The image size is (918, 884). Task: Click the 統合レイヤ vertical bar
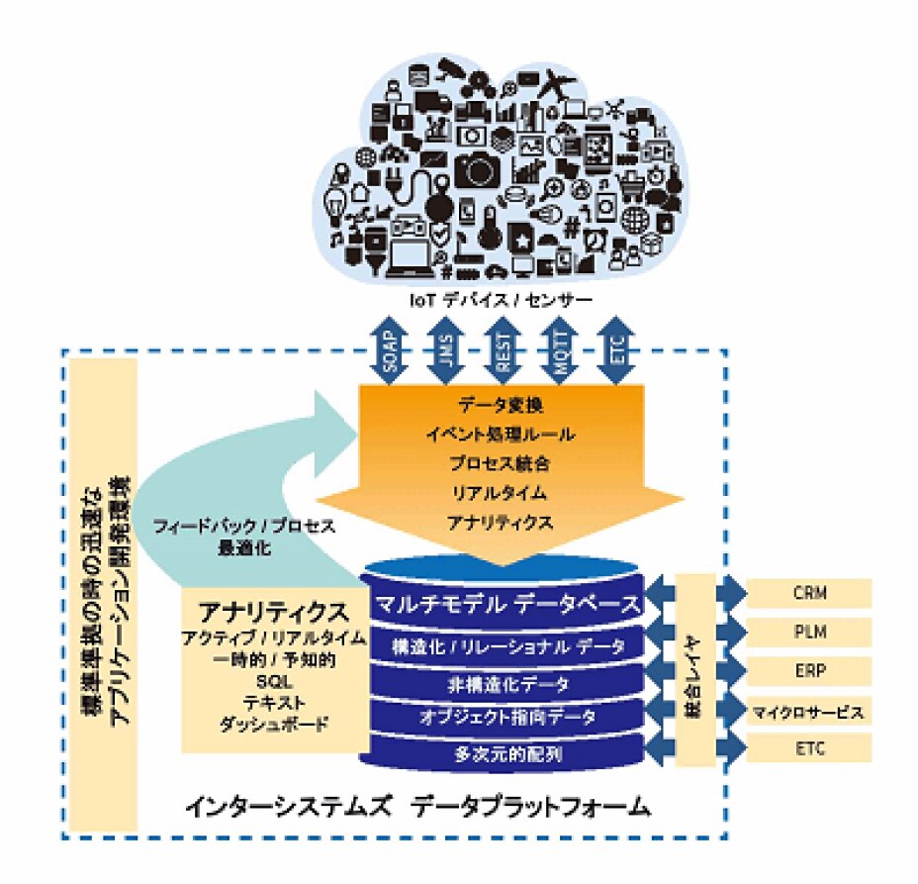tap(695, 669)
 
